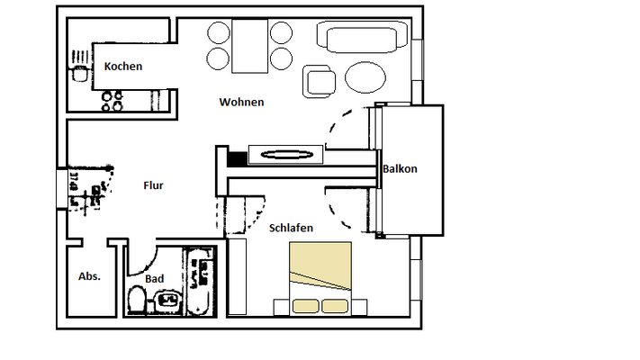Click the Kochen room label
[123, 67]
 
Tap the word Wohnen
[241, 103]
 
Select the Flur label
[153, 186]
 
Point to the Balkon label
[400, 169]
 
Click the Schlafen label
[291, 229]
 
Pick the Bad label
[155, 279]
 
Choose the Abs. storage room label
[89, 276]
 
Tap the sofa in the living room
[357, 38]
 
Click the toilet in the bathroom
[136, 301]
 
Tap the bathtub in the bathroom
[201, 281]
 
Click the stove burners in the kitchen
[113, 102]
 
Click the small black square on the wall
[237, 159]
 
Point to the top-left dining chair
[219, 34]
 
